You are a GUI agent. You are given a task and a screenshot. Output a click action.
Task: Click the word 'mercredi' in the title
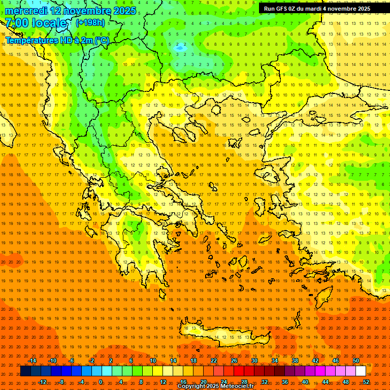pos(26,11)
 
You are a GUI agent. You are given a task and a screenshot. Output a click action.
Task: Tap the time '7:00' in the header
pos(17,23)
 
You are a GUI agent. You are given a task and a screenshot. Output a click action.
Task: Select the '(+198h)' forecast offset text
pos(90,22)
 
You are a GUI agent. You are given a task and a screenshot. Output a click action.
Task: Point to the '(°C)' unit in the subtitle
pos(102,40)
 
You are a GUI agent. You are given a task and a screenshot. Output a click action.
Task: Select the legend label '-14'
pos(32,361)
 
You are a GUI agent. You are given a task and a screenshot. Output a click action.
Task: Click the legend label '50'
pos(356,361)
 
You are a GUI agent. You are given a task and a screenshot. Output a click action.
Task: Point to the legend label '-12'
pos(42,381)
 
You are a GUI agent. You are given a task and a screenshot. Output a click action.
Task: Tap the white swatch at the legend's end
pos(361,371)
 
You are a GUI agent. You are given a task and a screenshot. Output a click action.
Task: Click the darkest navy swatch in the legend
pos(25,371)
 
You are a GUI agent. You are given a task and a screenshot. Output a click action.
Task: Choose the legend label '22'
pos(214,361)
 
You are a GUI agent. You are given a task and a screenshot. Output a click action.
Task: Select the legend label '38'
pos(295,361)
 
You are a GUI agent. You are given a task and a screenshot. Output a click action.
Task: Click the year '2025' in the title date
pos(124,11)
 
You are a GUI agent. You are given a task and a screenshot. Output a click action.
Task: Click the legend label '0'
pos(101,381)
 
